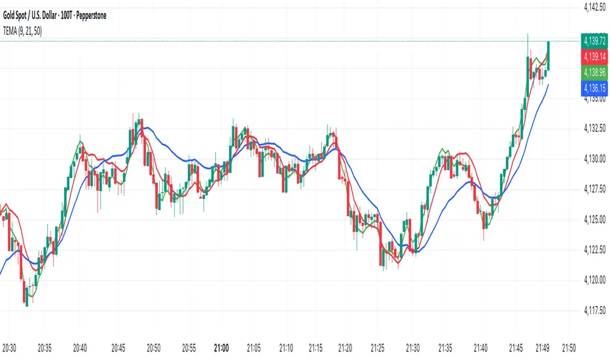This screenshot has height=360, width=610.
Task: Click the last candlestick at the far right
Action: pos(548,56)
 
